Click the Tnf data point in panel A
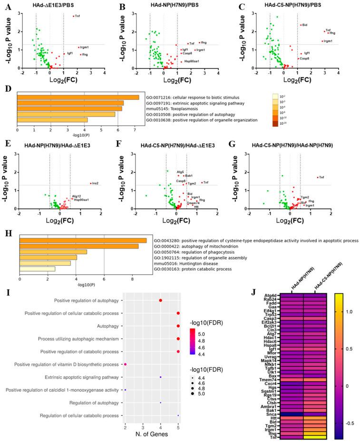point(73,16)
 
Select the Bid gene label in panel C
point(305,25)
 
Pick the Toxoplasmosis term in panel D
point(170,109)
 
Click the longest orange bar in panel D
point(78,97)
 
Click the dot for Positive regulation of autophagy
point(161,300)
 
